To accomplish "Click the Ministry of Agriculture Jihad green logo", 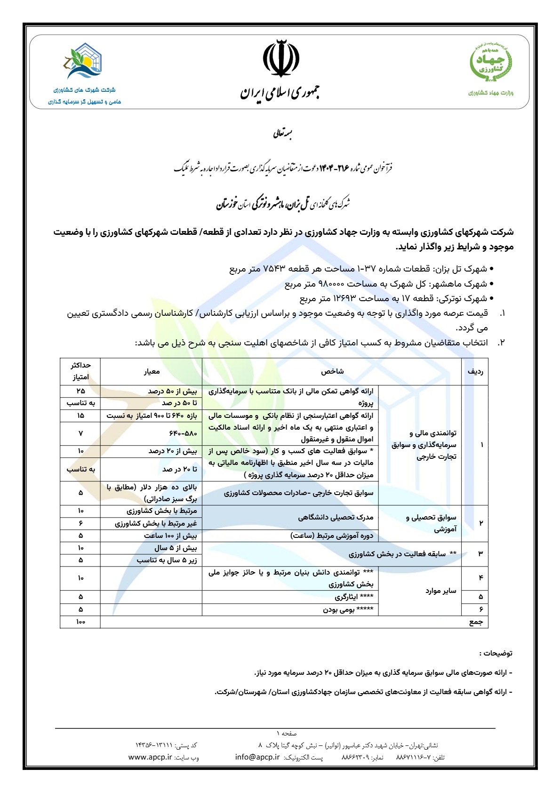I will click(491, 62).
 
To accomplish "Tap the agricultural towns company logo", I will click(84, 61).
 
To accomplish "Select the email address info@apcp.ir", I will click(257, 757).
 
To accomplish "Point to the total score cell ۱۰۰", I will click(80, 622).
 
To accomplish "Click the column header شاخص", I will click(332, 371).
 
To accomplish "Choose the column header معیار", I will click(152, 371).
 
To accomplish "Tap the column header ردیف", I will click(475, 371).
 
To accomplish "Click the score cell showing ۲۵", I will click(80, 391).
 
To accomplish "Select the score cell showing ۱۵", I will click(80, 416).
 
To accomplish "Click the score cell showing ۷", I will click(80, 433).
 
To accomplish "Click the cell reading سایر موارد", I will click(440, 591).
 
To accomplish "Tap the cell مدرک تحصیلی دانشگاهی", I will click(336, 517).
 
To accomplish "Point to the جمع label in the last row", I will click(476, 622).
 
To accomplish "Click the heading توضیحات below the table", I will click(496, 653).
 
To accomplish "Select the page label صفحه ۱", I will click(287, 733).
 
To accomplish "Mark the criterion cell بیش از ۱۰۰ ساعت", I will click(170, 536).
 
